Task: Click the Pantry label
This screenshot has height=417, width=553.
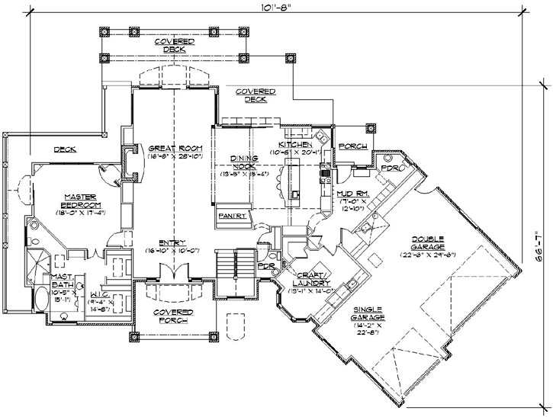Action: click(x=232, y=216)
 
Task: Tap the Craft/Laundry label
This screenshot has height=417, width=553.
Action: click(x=310, y=278)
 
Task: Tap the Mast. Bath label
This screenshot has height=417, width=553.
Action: click(x=62, y=281)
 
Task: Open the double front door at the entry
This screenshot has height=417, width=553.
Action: click(x=172, y=272)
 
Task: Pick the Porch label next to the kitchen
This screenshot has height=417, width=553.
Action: click(x=352, y=146)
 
